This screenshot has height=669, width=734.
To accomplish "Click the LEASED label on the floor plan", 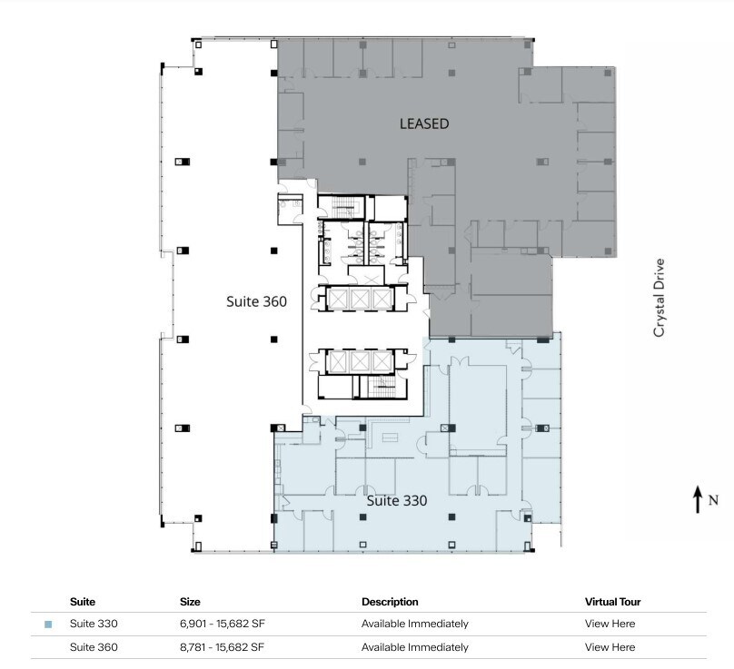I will coord(424,123).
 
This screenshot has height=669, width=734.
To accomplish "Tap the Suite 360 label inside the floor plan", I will coord(256,301).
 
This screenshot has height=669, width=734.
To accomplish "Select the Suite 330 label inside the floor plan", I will coord(396,500).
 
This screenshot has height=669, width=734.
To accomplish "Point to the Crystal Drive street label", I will coord(660,299).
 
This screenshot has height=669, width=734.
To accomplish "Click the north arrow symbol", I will coord(698,499).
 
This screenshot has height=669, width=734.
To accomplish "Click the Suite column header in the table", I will coord(83,602).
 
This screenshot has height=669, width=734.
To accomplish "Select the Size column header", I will coord(190,602).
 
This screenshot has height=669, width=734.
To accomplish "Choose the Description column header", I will coord(390,602).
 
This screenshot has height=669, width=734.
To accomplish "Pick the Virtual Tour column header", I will coord(613,602).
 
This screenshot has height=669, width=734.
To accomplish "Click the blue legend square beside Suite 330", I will coord(48,625).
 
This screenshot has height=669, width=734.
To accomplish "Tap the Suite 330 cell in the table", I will coord(94,624).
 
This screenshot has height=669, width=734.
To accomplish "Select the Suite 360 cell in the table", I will coord(94,647).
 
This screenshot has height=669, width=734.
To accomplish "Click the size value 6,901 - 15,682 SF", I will coord(222,624).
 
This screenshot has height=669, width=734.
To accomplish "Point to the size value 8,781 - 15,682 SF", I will coord(222,647).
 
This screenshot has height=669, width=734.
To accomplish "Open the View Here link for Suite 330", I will coord(610,624).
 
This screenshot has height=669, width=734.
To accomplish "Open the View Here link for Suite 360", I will coord(610,647).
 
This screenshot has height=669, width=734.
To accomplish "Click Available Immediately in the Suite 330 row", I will coord(414,624).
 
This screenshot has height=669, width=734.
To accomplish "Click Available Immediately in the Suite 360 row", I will coord(414,647).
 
